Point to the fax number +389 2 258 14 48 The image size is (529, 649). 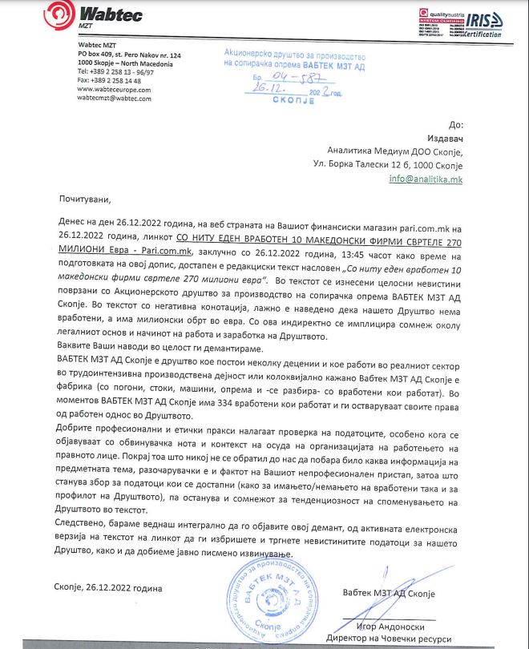coord(109,81)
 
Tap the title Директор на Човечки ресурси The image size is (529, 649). coord(391,639)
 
